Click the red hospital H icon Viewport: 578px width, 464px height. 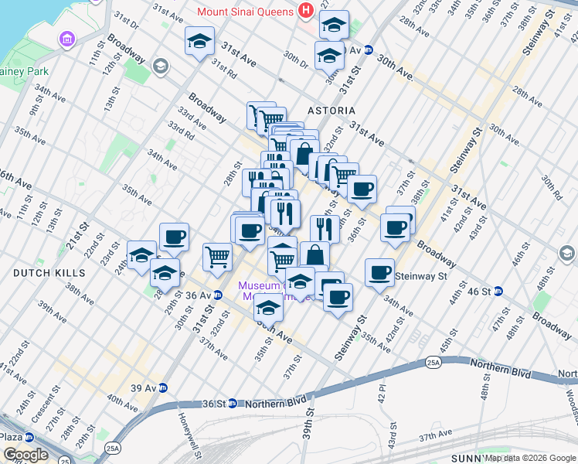[x=305, y=12]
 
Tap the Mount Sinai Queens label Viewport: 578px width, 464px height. [x=245, y=12]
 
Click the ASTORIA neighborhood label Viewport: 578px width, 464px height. [x=331, y=111]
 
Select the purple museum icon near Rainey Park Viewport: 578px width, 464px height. [x=65, y=39]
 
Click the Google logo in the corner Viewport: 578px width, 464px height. [x=25, y=455]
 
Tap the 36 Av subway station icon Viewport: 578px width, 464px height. [x=218, y=295]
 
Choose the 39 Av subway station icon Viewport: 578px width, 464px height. [x=164, y=388]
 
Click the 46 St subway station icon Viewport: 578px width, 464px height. [x=498, y=292]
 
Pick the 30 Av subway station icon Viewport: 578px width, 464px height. [x=369, y=50]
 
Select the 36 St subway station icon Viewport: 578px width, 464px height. [x=231, y=404]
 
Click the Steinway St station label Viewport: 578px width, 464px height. [x=421, y=276]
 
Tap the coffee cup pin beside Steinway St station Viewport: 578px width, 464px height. [x=379, y=272]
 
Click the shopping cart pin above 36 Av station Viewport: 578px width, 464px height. [x=218, y=256]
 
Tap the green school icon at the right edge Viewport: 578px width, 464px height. [x=567, y=254]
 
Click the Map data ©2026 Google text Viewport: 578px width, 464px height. [x=530, y=458]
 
